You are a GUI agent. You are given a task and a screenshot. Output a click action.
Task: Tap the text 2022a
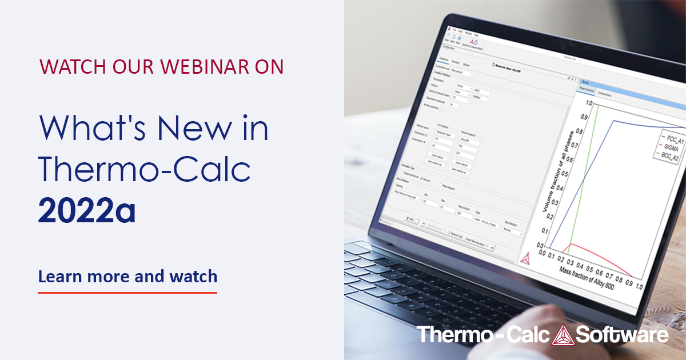[x=87, y=211]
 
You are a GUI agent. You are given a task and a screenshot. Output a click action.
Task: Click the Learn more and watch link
[x=127, y=277]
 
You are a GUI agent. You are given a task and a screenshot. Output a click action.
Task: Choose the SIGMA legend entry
[x=668, y=147]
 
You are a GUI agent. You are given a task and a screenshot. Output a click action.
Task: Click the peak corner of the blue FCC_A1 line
[x=614, y=121]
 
